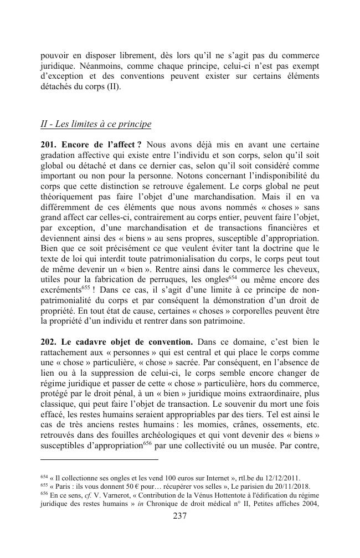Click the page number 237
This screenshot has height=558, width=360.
pos(179,516)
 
